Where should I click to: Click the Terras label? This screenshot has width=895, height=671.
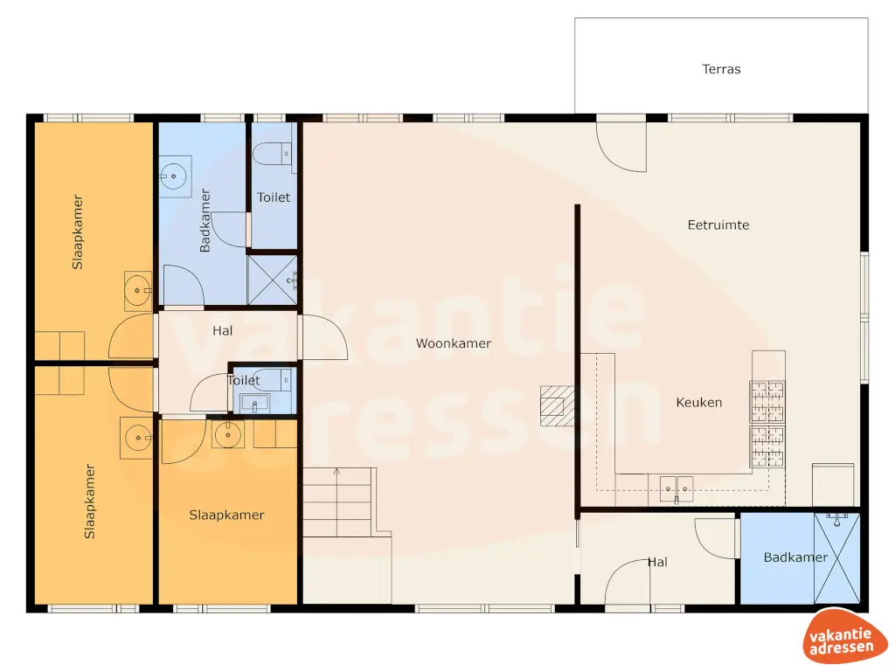(721, 69)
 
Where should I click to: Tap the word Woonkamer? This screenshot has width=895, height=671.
(453, 343)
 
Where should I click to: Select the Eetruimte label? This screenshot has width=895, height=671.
(718, 225)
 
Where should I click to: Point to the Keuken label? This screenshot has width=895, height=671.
(699, 403)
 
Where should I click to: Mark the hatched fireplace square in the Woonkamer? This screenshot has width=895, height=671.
(553, 405)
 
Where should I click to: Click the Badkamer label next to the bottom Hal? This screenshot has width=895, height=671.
(795, 557)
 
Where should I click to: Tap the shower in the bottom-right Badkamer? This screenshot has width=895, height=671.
(836, 558)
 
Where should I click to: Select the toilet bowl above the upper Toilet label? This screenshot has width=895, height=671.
(273, 154)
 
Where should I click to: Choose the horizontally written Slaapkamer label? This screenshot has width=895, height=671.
(226, 515)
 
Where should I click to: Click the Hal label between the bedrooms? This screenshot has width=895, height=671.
(223, 331)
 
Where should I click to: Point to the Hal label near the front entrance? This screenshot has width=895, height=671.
(657, 563)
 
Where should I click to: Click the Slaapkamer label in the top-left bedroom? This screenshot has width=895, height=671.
(78, 231)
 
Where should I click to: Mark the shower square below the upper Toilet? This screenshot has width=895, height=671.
(273, 279)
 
